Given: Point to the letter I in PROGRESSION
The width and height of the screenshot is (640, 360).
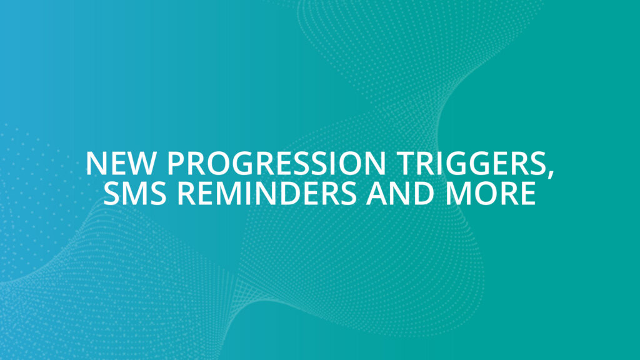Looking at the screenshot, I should coord(323,164).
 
